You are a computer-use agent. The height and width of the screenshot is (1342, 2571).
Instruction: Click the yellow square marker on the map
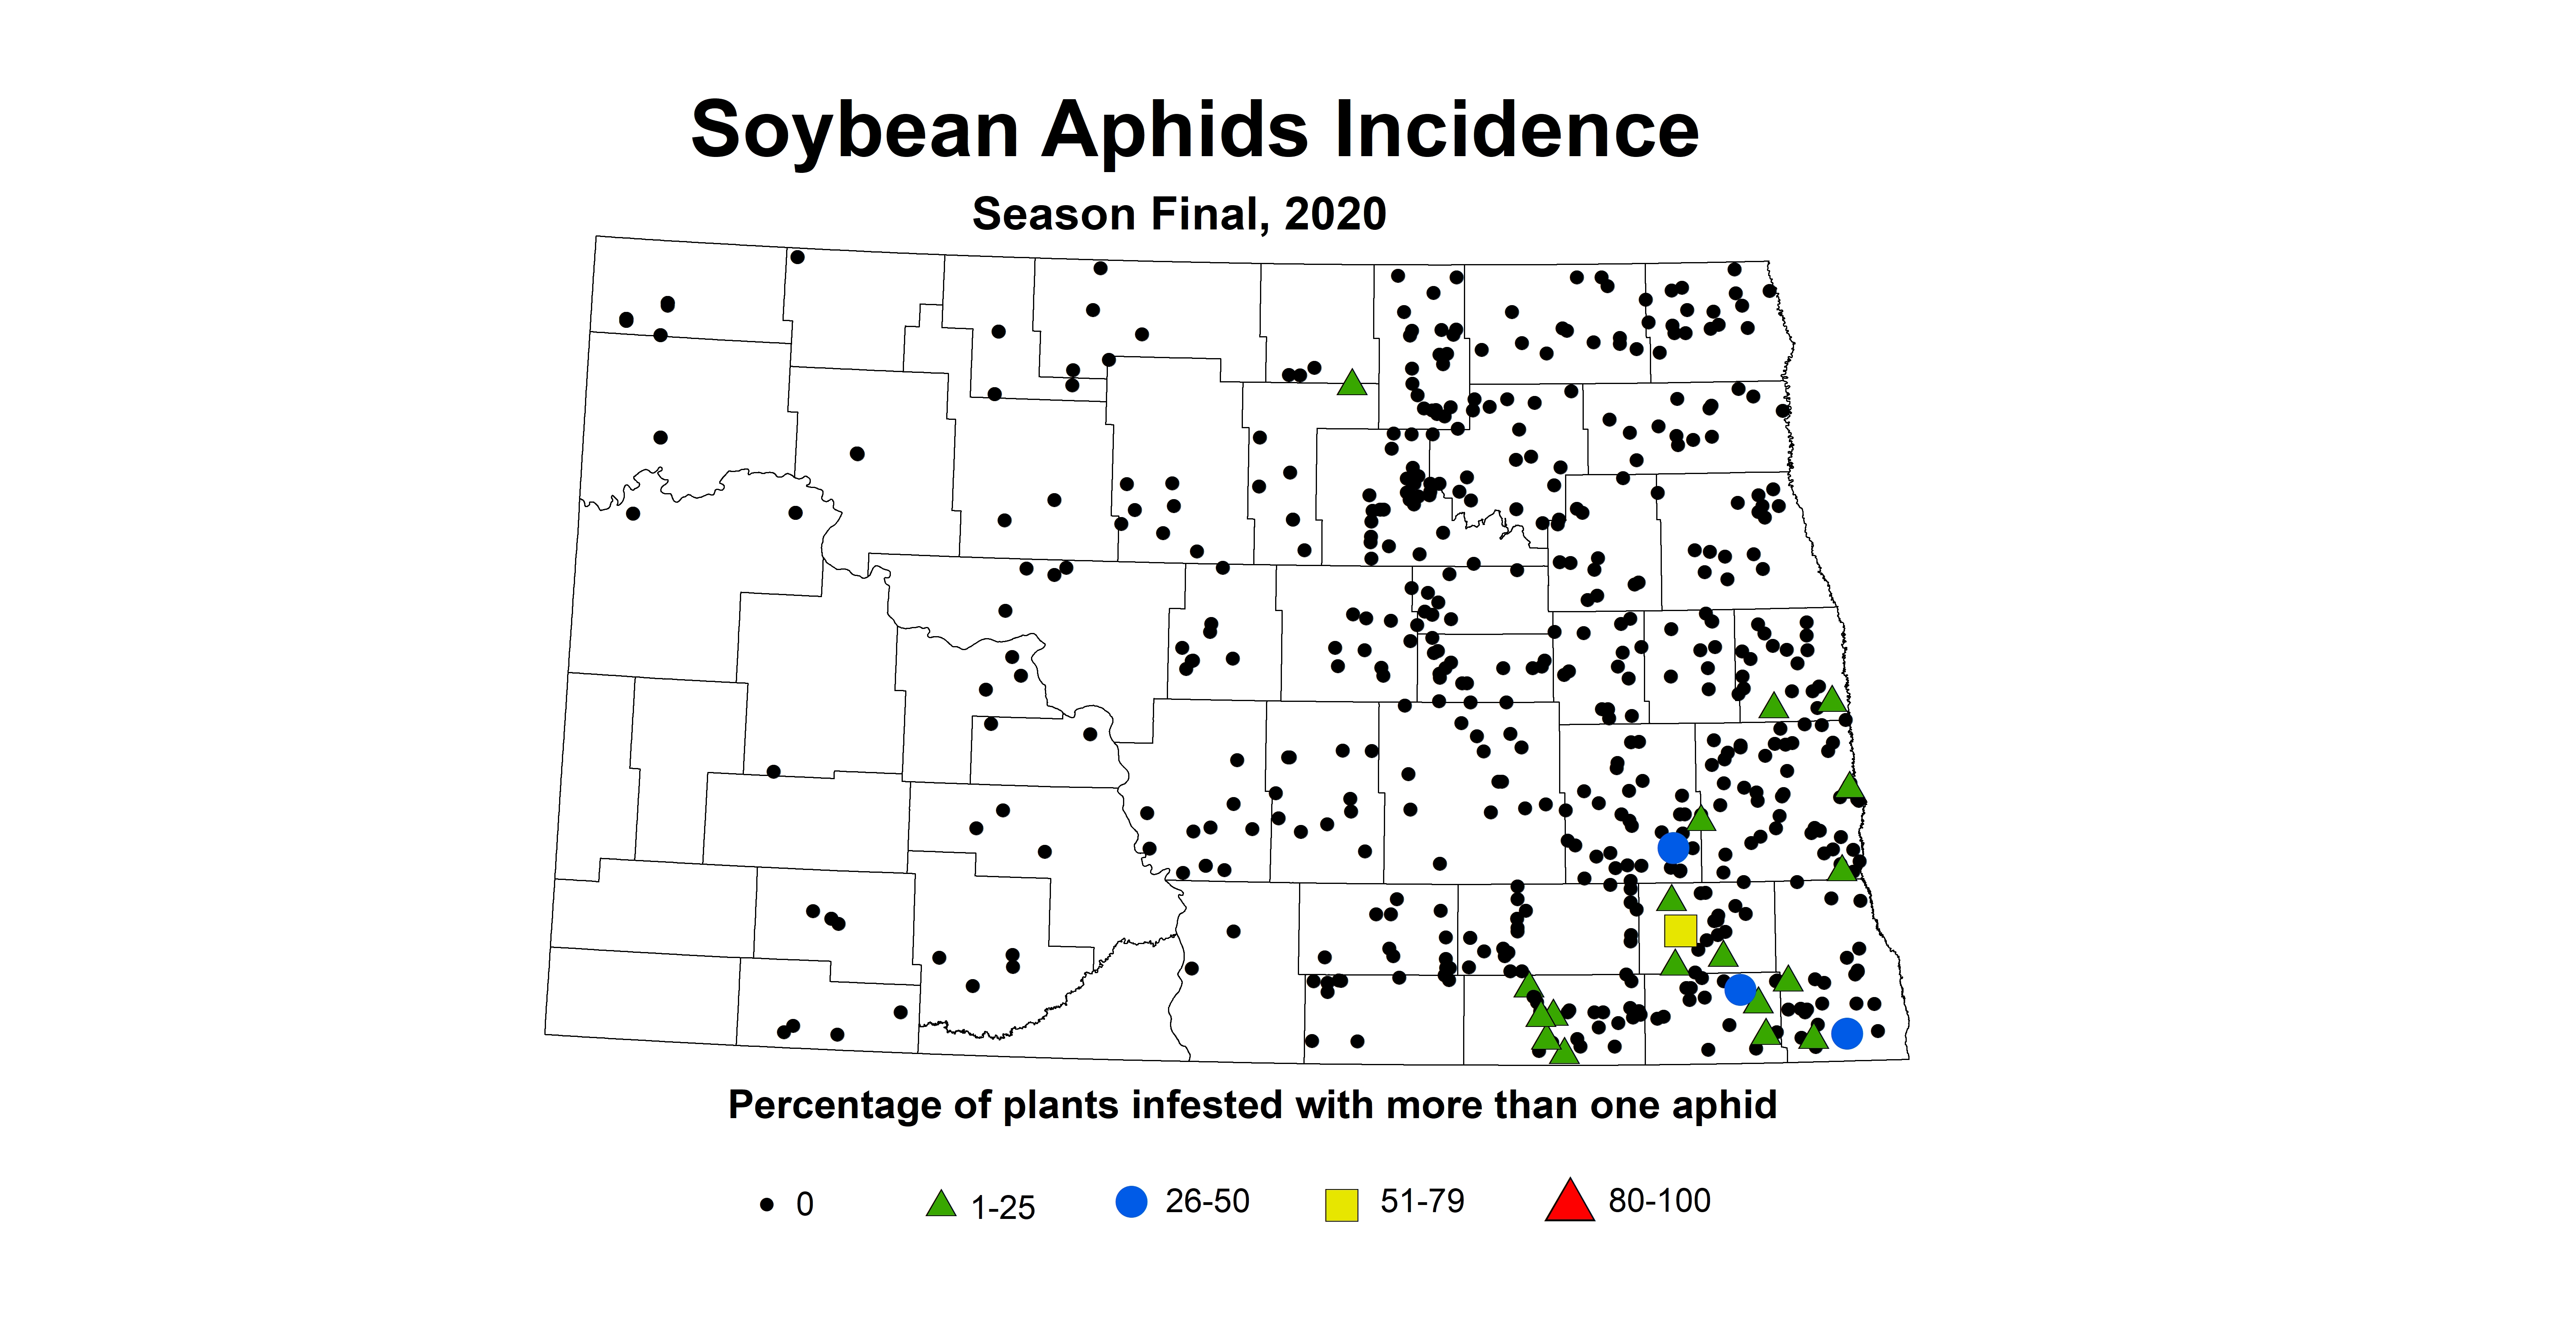click(x=1680, y=931)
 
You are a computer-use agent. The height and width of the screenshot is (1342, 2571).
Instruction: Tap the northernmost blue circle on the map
click(x=1673, y=848)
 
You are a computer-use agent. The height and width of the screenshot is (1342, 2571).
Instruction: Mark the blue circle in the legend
click(x=1131, y=1201)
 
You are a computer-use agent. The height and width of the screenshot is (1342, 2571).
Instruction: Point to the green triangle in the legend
click(x=940, y=1204)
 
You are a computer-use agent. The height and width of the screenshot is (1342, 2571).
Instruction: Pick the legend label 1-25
click(x=1003, y=1207)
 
